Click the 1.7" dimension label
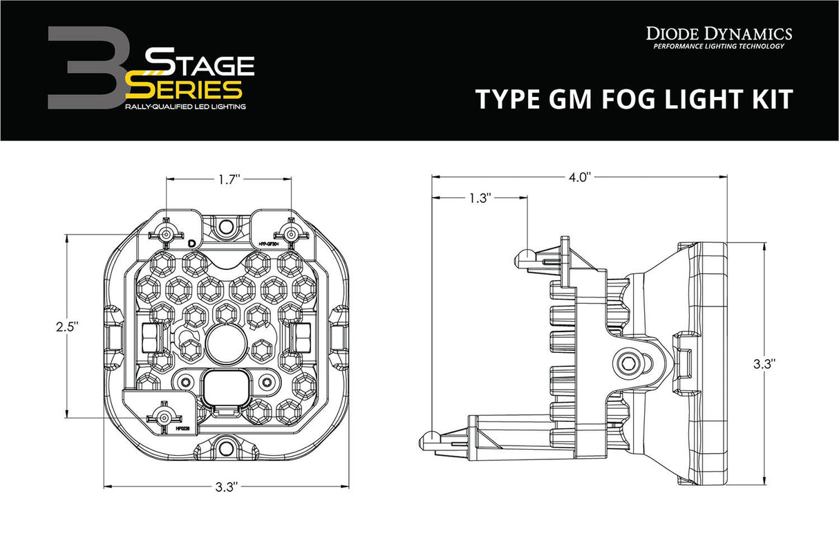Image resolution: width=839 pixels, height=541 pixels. click(229, 179)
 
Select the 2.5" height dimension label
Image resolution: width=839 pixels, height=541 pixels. click(66, 325)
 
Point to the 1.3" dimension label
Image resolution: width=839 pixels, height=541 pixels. click(479, 198)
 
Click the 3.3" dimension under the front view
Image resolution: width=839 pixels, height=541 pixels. click(226, 488)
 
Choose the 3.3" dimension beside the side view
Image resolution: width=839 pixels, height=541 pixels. click(764, 362)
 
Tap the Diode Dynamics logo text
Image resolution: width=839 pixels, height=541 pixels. click(719, 33)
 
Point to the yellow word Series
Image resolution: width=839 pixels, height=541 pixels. click(185, 88)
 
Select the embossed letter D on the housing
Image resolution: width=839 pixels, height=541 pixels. click(191, 243)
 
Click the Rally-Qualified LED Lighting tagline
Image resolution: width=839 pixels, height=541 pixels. click(185, 107)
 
